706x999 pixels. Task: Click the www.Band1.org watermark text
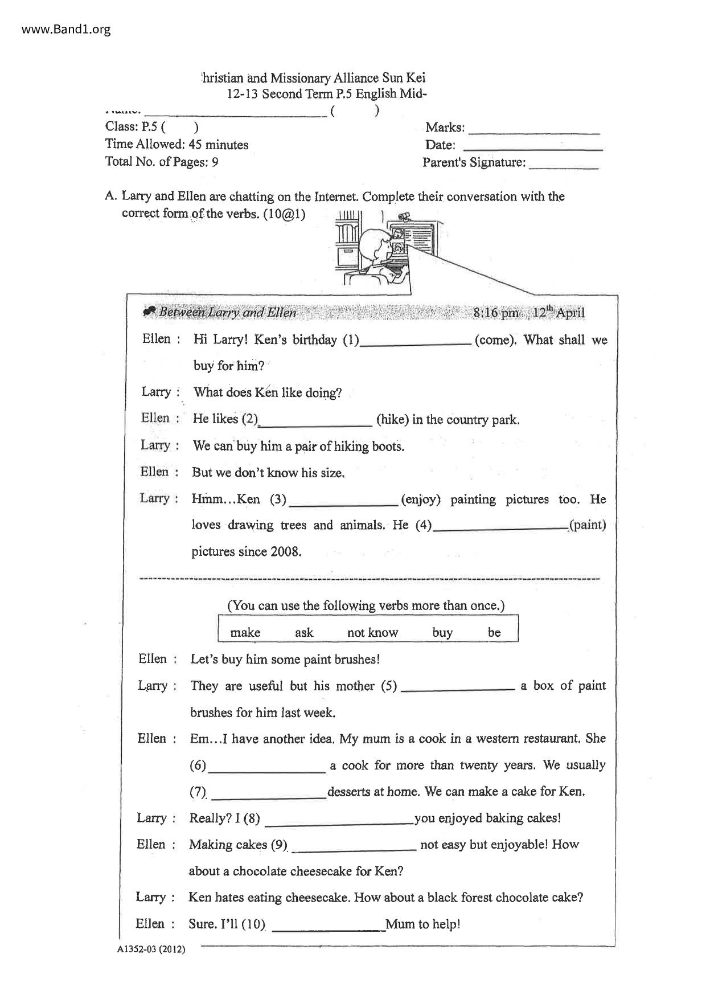pos(66,29)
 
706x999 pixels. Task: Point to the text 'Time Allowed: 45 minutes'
pos(176,145)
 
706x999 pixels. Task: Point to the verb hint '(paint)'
pos(588,525)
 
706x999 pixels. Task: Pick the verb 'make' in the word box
pos(245,632)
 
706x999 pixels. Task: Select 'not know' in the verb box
pos(372,632)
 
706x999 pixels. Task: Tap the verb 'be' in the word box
pos(494,632)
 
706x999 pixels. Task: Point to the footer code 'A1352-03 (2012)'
pos(151,949)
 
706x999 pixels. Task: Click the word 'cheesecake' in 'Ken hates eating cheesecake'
pos(317,898)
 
